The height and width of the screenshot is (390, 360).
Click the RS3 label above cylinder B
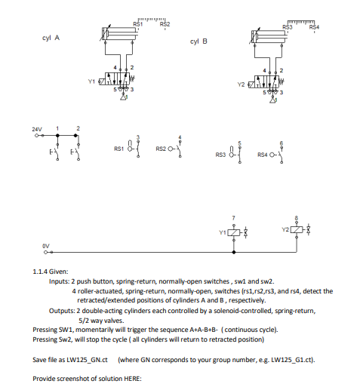click(287, 27)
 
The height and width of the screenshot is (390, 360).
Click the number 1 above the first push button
click(57, 128)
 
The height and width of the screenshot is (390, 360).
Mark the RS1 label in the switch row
click(118, 149)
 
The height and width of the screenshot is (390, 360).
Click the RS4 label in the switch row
click(262, 155)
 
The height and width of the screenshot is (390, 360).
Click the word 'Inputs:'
click(60, 281)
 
